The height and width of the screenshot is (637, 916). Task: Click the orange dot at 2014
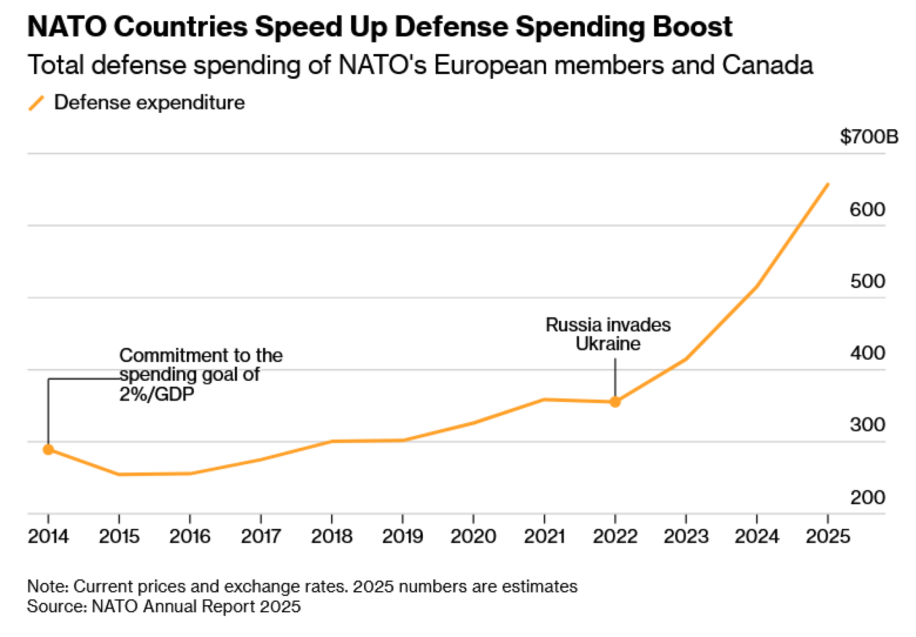click(49, 450)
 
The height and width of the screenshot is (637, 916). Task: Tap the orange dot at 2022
click(615, 402)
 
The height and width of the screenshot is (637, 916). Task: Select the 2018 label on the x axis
click(332, 536)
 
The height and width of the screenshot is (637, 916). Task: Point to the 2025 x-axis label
click(828, 536)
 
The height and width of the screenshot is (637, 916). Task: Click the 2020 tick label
click(473, 536)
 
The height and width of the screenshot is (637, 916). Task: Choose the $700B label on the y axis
click(869, 137)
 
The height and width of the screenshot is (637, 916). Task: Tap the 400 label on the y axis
click(867, 353)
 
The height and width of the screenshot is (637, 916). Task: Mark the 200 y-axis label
click(867, 497)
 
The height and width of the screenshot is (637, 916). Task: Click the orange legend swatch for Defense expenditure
click(36, 103)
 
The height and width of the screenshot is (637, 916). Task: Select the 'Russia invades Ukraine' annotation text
click(608, 334)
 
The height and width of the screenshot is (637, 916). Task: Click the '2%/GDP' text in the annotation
click(157, 394)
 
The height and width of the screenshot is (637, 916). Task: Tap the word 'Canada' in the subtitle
click(767, 65)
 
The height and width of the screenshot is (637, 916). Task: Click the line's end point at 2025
click(828, 184)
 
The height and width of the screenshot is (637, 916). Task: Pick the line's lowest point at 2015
click(119, 474)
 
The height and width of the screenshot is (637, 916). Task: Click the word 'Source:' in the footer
click(57, 606)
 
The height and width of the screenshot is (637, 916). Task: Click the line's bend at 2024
click(757, 286)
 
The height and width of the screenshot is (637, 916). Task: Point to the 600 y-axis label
click(867, 209)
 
